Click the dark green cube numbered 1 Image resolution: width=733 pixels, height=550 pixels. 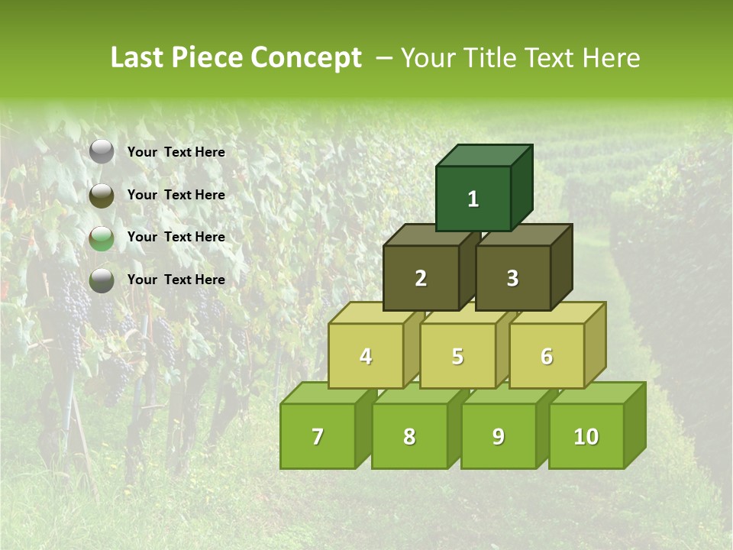[x=473, y=199]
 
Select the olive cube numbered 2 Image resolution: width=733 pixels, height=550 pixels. [x=421, y=278]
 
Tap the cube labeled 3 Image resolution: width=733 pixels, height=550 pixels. [x=512, y=278]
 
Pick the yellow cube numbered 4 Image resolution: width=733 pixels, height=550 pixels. [x=366, y=356]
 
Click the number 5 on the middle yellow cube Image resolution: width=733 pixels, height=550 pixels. [x=457, y=357]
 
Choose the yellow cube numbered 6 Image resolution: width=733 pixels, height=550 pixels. [x=547, y=356]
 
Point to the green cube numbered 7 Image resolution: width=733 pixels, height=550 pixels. [x=318, y=436]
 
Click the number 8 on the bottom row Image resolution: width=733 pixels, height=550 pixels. [x=409, y=437]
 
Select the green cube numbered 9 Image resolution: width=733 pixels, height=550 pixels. [x=498, y=436]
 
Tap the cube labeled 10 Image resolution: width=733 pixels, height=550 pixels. [x=586, y=436]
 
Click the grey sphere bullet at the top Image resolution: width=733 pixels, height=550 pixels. [x=102, y=152]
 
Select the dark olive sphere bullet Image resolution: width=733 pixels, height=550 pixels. [x=102, y=196]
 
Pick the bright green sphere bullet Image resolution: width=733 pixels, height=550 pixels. [x=102, y=238]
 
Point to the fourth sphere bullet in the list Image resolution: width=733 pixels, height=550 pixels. [x=102, y=280]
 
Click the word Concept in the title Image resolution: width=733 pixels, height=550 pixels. [x=306, y=58]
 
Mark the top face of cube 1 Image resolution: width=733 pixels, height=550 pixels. [x=484, y=155]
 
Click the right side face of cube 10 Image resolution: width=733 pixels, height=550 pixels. [x=635, y=425]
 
